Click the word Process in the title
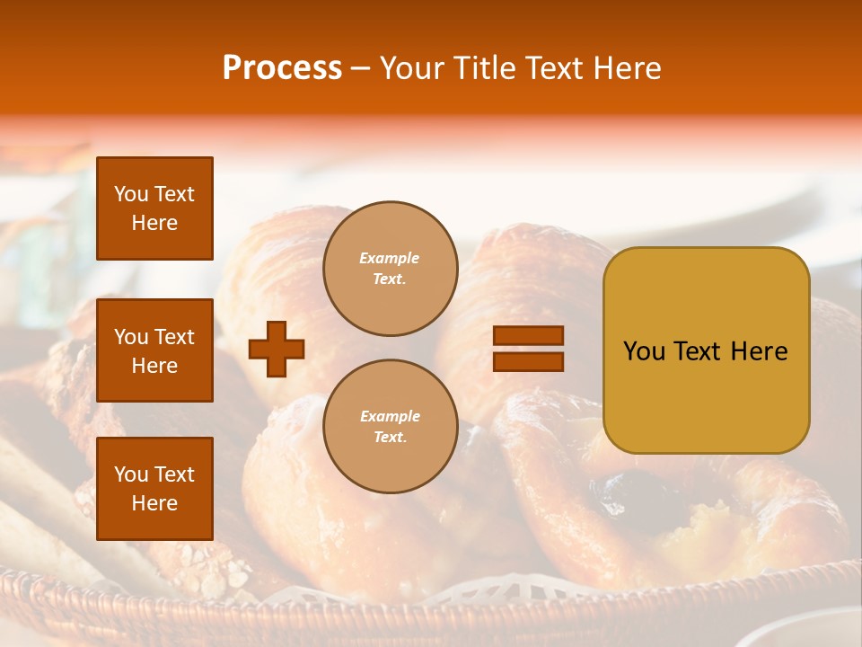[282, 68]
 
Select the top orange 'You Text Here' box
[154, 208]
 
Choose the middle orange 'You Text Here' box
[154, 350]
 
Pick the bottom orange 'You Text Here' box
[154, 489]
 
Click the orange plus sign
[277, 350]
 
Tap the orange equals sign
[528, 349]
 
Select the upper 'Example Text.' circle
[390, 269]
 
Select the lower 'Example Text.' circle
[390, 427]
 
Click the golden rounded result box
[706, 350]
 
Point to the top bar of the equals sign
[528, 336]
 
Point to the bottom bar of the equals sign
[528, 361]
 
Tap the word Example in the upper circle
[390, 259]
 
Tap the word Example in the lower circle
[390, 417]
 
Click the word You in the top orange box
[131, 194]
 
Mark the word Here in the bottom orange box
[154, 503]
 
